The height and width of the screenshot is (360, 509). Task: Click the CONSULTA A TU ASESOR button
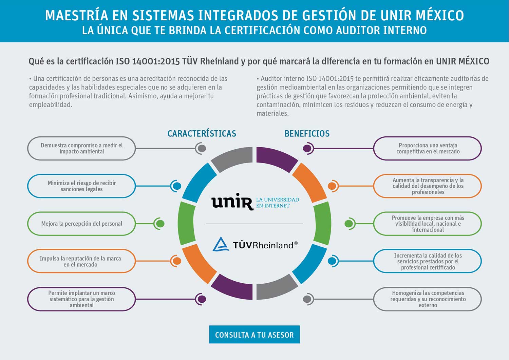pyautogui.click(x=254, y=334)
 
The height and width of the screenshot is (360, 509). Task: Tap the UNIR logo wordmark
pyautogui.click(x=232, y=202)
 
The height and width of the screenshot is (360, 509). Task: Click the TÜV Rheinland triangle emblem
pyautogui.click(x=221, y=244)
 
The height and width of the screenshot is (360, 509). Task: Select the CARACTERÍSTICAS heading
pyautogui.click(x=202, y=134)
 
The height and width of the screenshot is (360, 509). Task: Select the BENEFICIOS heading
pyautogui.click(x=307, y=134)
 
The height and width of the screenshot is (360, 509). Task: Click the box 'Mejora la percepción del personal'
pyautogui.click(x=81, y=224)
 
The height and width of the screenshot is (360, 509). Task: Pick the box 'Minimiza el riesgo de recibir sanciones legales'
pyautogui.click(x=81, y=186)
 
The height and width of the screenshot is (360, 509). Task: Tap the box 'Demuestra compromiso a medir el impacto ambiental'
pyautogui.click(x=81, y=148)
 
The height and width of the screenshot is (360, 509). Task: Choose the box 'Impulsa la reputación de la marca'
pyautogui.click(x=81, y=261)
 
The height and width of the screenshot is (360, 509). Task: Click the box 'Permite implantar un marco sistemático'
pyautogui.click(x=81, y=299)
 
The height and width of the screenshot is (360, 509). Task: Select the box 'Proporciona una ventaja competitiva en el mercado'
pyautogui.click(x=428, y=148)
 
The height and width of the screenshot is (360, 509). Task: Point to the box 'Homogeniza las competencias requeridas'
pyautogui.click(x=428, y=299)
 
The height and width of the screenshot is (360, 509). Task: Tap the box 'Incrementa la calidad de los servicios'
pyautogui.click(x=428, y=261)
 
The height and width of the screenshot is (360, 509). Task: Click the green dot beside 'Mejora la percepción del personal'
pyautogui.click(x=160, y=224)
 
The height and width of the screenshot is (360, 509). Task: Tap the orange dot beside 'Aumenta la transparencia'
pyautogui.click(x=332, y=186)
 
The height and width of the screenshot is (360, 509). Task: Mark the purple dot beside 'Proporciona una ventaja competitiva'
pyautogui.click(x=307, y=148)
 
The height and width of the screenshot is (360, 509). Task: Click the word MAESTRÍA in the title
pyautogui.click(x=77, y=16)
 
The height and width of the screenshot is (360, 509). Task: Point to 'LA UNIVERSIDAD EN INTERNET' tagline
pyautogui.click(x=278, y=203)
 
